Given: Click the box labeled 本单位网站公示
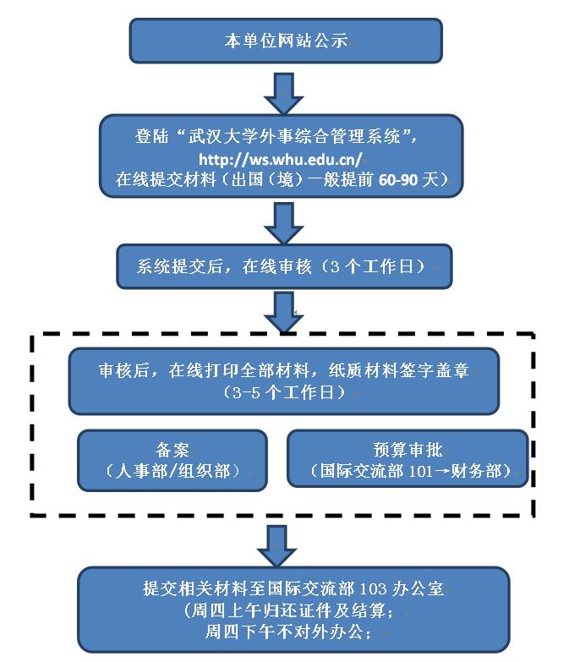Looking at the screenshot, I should click(x=285, y=41).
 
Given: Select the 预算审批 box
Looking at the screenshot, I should click(x=407, y=459).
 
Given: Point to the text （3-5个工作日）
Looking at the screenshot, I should click(x=283, y=392).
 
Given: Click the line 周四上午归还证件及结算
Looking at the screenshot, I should click(x=287, y=610).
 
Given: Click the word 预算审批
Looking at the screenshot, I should click(x=407, y=449).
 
